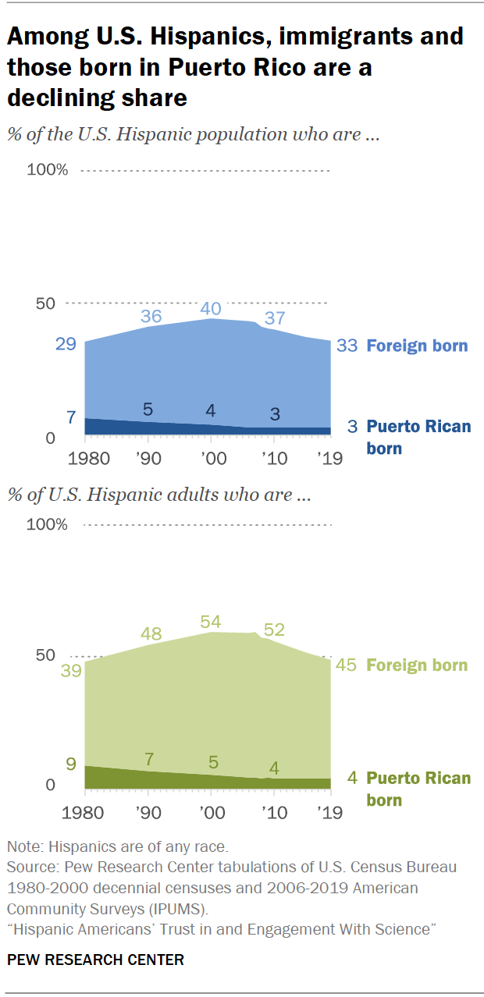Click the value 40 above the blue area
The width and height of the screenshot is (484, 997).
pos(210,309)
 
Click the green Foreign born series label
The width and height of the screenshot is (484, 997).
pos(417,665)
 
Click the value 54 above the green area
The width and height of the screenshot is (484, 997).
pos(210,622)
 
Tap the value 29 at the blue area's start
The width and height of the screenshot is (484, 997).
pos(65,344)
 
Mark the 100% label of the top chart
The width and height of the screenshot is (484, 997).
pos(48,171)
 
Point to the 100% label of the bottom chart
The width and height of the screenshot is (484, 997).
pos(48,524)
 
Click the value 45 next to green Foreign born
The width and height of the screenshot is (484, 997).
pos(347,665)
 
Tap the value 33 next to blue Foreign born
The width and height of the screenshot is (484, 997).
pos(347,346)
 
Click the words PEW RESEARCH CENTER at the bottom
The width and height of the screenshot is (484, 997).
pos(95,960)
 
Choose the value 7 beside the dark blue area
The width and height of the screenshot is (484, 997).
pos(71,417)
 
